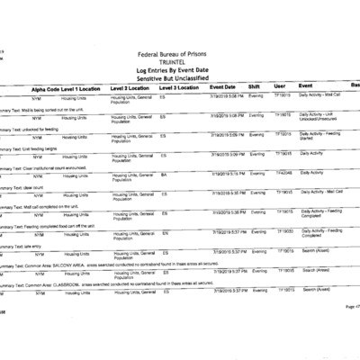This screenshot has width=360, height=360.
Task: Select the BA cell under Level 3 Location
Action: pyautogui.click(x=164, y=174)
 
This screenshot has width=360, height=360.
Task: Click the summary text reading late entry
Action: pyautogui.click(x=32, y=240)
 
